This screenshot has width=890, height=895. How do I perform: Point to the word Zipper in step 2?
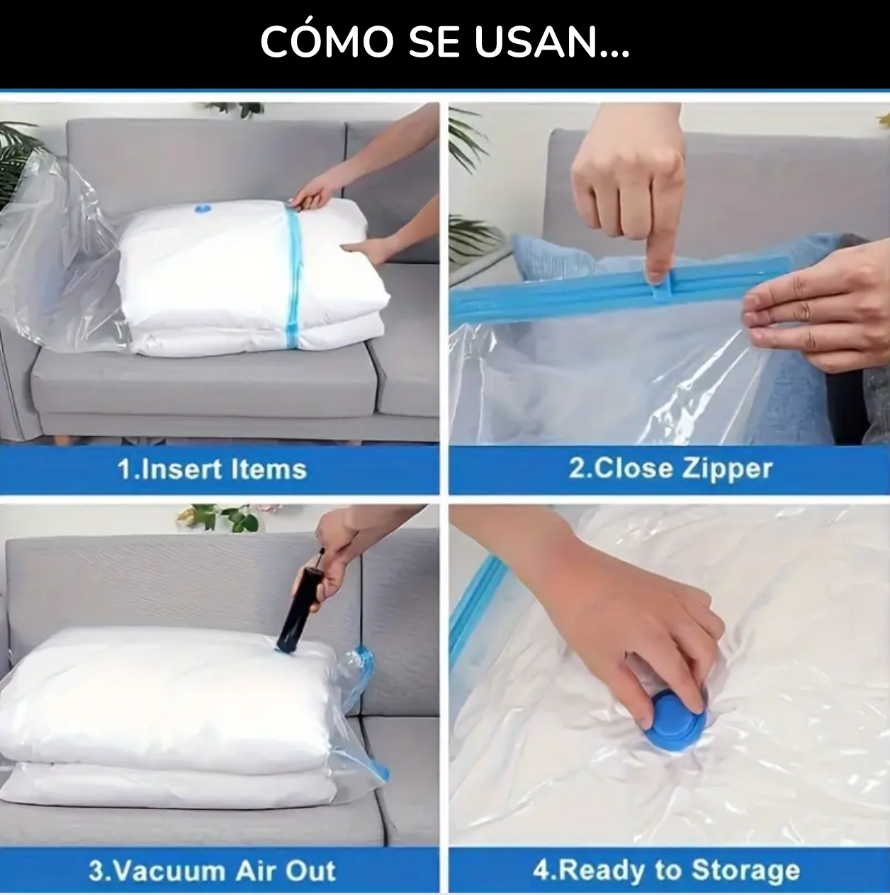[728, 470]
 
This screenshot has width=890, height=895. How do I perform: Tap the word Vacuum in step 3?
[169, 858]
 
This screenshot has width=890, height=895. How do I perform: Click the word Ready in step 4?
[602, 858]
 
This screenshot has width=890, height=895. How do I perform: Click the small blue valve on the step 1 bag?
[203, 209]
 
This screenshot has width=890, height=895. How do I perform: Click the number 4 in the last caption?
[541, 858]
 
